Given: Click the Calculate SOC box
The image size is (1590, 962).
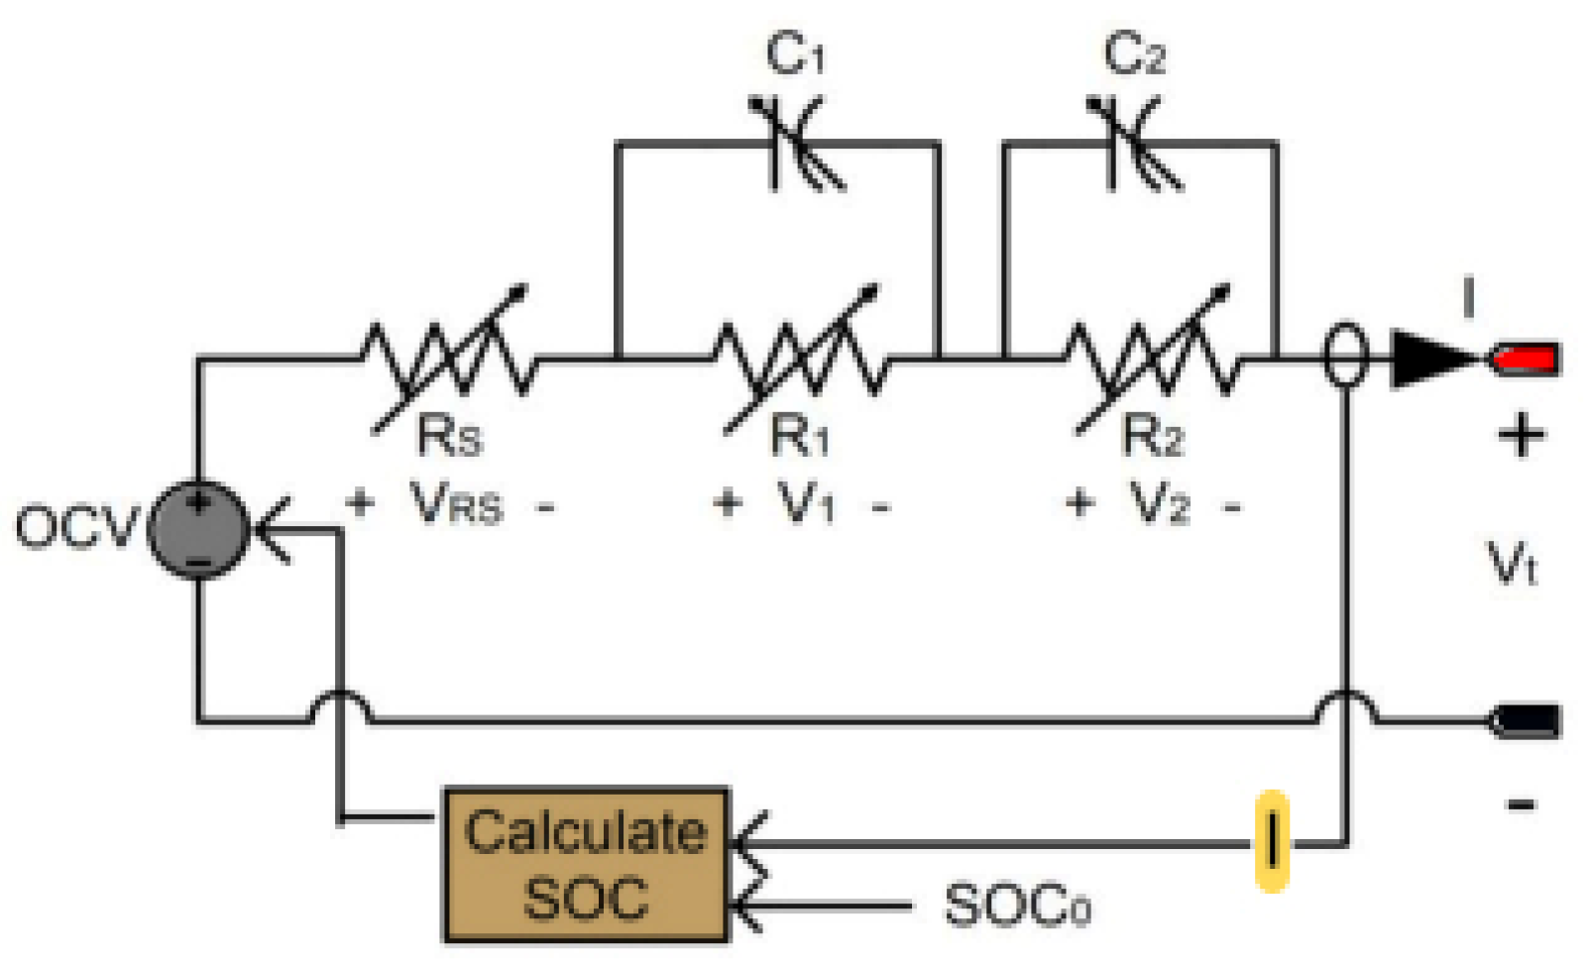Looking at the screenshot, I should click(x=585, y=864).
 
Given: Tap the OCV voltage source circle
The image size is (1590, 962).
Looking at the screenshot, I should click(x=198, y=529).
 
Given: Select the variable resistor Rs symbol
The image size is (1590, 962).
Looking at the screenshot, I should click(x=449, y=361).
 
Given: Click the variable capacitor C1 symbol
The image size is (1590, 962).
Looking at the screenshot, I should click(x=796, y=144).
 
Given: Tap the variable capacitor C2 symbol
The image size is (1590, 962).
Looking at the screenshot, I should click(x=1133, y=144).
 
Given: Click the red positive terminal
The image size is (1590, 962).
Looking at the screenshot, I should click(x=1527, y=358).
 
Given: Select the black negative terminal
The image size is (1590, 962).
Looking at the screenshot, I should click(x=1527, y=720).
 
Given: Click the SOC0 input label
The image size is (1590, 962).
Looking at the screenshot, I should click(x=1017, y=906).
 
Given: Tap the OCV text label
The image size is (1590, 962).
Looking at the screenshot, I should click(x=73, y=526).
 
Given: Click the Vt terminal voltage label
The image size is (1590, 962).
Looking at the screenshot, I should click(x=1513, y=565).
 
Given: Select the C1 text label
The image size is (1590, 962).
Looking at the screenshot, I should click(x=795, y=53).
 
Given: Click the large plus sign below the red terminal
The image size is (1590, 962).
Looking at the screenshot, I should click(x=1521, y=435).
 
